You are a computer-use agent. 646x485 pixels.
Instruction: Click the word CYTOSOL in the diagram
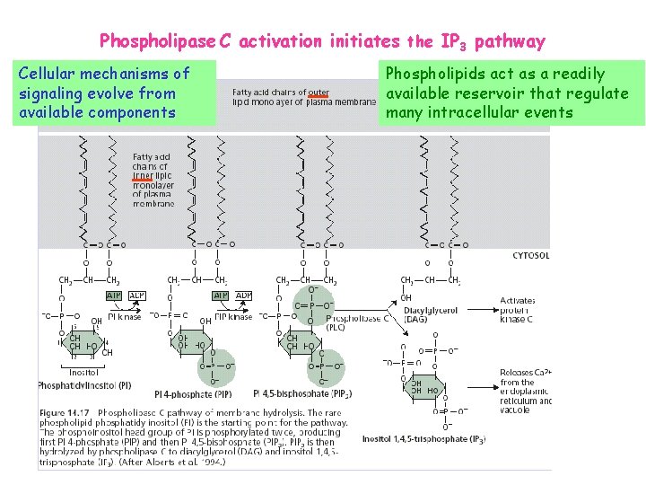pos(531,255)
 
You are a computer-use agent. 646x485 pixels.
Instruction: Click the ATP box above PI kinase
pos(115,295)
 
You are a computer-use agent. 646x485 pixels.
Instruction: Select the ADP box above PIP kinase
pos(244,295)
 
